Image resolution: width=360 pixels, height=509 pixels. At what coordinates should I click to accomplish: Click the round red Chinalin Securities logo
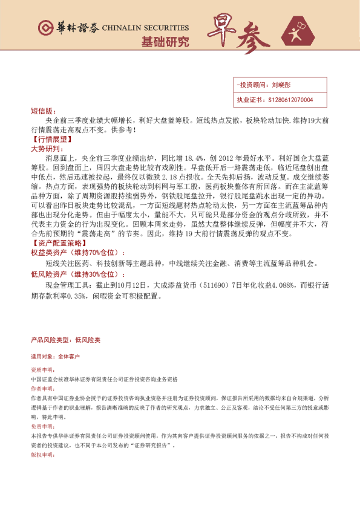click(44, 28)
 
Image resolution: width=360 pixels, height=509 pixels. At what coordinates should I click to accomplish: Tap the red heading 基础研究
click(165, 42)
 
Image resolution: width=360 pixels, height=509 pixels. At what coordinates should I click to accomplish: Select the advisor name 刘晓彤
click(281, 86)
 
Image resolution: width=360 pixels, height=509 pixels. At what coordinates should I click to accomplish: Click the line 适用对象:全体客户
click(55, 357)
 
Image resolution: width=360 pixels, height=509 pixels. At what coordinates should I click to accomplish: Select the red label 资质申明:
click(42, 369)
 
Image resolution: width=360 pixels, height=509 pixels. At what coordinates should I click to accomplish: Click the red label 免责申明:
click(42, 426)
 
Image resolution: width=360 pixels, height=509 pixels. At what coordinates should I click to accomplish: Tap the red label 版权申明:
click(42, 454)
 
